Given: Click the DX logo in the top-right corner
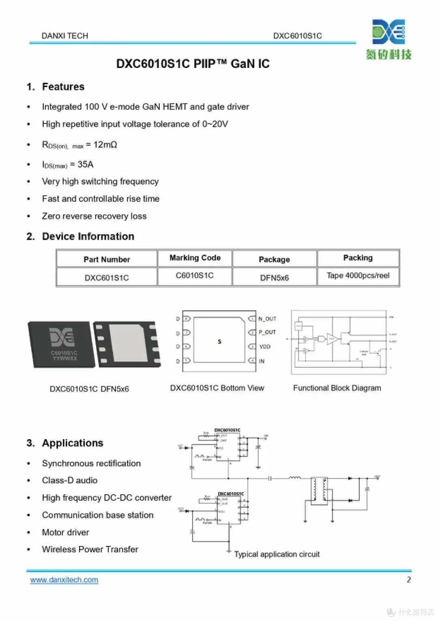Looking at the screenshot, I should click(389, 32).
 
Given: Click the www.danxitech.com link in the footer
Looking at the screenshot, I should click(64, 580).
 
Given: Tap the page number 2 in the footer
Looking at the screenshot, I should click(409, 580).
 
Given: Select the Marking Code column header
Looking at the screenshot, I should click(195, 258).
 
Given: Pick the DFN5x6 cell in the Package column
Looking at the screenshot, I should click(275, 278).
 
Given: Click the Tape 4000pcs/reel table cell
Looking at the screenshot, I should click(358, 275).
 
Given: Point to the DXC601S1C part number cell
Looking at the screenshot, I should click(107, 278).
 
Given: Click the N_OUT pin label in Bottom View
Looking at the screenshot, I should click(267, 319).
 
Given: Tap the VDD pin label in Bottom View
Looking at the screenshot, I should click(265, 346).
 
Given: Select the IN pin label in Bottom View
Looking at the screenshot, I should click(262, 361).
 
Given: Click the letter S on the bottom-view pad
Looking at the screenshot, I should click(219, 342).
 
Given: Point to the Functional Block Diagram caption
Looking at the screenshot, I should click(337, 388).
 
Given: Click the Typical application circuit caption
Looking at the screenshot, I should click(277, 554).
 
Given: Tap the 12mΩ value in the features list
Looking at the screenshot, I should click(105, 145).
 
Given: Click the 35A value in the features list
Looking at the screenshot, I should click(86, 164).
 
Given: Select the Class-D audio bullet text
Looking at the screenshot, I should click(70, 480).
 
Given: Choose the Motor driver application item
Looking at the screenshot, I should click(66, 532).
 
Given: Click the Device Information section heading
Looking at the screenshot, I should click(88, 236).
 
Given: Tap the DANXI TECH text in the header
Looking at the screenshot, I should click(65, 36).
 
